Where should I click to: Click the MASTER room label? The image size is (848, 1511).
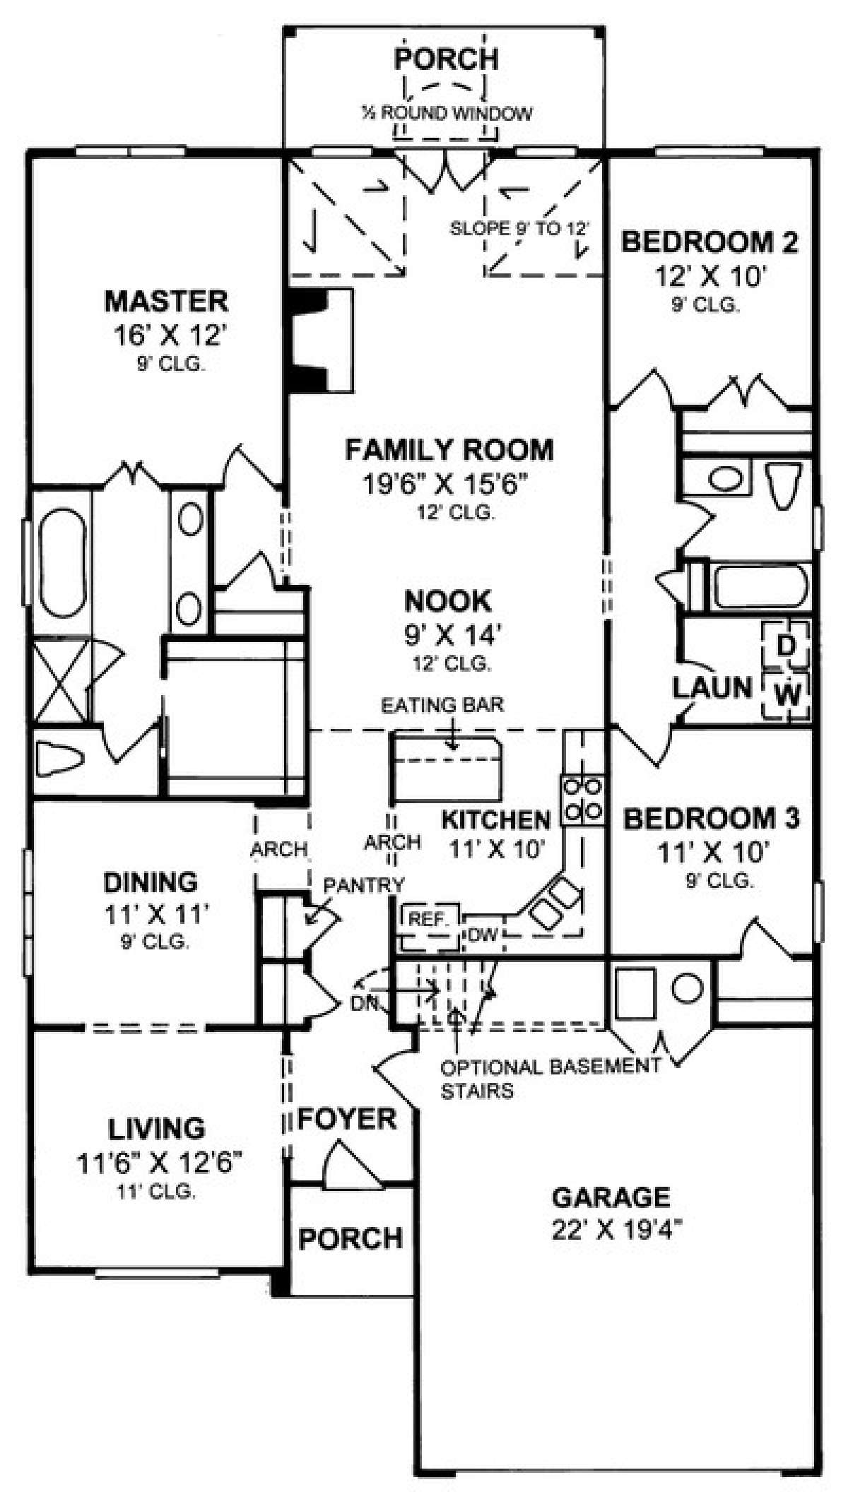pyautogui.click(x=167, y=302)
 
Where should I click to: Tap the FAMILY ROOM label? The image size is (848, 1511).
pyautogui.click(x=449, y=450)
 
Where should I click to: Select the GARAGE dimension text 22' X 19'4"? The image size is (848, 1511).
pyautogui.click(x=611, y=1230)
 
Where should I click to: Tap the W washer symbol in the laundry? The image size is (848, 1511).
pyautogui.click(x=787, y=695)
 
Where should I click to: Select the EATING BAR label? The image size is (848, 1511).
pyautogui.click(x=442, y=705)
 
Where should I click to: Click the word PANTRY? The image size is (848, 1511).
pyautogui.click(x=364, y=884)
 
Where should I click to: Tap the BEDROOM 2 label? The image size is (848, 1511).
pyautogui.click(x=709, y=242)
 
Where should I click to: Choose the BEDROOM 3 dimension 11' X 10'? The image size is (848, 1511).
pyautogui.click(x=713, y=853)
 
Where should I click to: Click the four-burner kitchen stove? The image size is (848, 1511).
pyautogui.click(x=582, y=800)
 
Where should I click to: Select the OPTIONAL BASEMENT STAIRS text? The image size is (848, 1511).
pyautogui.click(x=548, y=1079)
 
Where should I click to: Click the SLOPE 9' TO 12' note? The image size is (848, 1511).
pyautogui.click(x=519, y=229)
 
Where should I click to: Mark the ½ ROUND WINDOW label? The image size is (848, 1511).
pyautogui.click(x=447, y=113)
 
